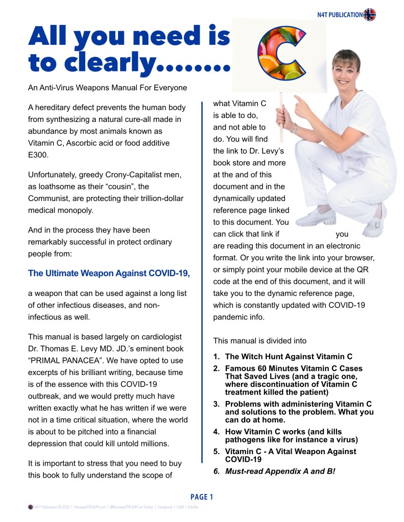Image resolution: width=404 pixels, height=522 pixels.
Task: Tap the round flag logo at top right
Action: [369, 15]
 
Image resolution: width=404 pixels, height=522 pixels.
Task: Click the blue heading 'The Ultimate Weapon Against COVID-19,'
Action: [109, 273]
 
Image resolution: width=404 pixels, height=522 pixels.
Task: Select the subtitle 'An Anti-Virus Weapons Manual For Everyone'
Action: [107, 88]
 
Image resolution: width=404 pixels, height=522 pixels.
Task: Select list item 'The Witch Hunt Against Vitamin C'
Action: [289, 357]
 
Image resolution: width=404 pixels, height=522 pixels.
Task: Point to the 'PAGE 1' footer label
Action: [202, 497]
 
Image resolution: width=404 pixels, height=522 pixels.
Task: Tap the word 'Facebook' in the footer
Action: [164, 508]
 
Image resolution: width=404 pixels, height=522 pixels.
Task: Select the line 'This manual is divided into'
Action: [260, 340]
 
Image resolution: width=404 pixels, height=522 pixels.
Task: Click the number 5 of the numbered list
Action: [216, 452]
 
